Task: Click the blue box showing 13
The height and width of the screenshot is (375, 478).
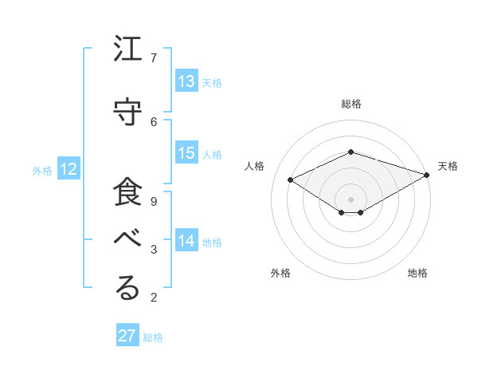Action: [x=186, y=81]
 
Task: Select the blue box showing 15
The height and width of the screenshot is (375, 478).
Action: [x=186, y=154]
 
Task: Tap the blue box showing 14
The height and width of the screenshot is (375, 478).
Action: [x=186, y=241]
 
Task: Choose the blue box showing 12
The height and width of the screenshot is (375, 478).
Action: [x=69, y=169]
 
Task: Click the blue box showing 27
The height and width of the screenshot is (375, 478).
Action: [x=127, y=336]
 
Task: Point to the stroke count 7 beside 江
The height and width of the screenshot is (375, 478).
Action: [x=154, y=57]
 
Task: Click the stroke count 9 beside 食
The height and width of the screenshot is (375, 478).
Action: [x=154, y=201]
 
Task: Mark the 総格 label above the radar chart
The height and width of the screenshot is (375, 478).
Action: [x=351, y=104]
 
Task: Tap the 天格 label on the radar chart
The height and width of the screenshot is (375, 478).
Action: [x=448, y=166]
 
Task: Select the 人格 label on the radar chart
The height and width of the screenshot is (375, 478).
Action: [x=254, y=166]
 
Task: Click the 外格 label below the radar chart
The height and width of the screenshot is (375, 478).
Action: [x=280, y=274]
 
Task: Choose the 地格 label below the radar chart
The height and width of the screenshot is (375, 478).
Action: [x=417, y=274]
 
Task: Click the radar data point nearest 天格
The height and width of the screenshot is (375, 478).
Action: [x=428, y=175]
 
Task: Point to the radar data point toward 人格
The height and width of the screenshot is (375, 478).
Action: [x=291, y=180]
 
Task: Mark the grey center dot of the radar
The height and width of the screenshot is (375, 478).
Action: [x=351, y=198]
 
